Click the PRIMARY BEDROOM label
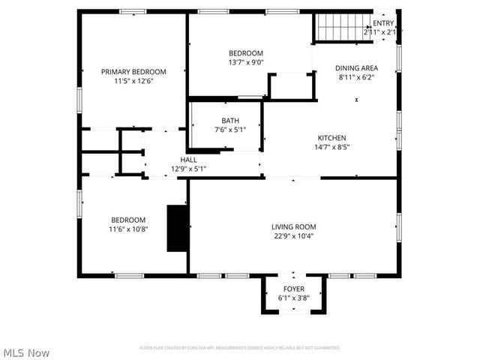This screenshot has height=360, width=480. (x=133, y=72)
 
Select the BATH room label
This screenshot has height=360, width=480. (x=229, y=121)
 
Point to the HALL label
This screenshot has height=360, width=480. (x=188, y=160)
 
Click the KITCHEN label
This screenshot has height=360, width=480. (x=331, y=138)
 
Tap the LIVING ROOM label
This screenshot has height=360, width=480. (x=293, y=226)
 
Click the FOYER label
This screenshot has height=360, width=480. (x=293, y=289)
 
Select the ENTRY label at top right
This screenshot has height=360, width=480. (x=383, y=23)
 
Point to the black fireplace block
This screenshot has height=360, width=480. (x=177, y=228)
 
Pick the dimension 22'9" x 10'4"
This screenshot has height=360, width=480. (x=293, y=236)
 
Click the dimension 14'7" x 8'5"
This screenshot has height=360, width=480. (x=331, y=148)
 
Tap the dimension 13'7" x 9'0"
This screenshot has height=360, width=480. (x=246, y=62)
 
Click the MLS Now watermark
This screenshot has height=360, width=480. (x=26, y=352)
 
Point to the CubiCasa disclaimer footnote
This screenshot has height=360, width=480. (x=240, y=348)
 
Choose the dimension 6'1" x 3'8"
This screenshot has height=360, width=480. (x=293, y=298)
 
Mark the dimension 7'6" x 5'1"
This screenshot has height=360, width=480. (x=229, y=130)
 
